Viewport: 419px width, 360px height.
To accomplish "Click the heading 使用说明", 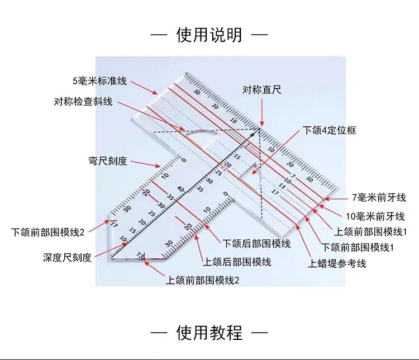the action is [209, 35].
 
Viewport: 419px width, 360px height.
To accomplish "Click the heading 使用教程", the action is [209, 333].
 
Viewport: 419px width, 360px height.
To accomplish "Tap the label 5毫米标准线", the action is [99, 81].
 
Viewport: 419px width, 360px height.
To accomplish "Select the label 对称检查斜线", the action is [83, 102].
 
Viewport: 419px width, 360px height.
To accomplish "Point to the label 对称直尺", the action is [262, 89].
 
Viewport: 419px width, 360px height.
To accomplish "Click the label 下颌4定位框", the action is [330, 130].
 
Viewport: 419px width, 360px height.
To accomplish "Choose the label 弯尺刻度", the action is [108, 161].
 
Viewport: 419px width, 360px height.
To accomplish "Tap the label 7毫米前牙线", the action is [379, 198].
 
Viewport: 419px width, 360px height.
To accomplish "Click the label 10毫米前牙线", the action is [375, 216].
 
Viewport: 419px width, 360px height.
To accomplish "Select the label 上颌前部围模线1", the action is [370, 231].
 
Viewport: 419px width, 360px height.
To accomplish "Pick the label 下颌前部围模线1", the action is [358, 248].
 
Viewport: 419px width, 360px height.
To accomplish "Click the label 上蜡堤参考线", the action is [337, 264].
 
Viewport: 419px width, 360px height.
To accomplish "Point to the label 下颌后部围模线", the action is [256, 244].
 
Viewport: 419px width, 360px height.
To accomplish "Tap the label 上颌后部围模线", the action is [237, 262].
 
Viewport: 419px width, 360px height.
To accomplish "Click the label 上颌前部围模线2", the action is [203, 280].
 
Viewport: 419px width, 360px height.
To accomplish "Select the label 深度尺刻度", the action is [67, 258].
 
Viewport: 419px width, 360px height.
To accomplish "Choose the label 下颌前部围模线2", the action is [47, 232].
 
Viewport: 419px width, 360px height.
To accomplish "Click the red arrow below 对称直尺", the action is [262, 112].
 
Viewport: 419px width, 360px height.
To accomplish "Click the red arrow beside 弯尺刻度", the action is [145, 164].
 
